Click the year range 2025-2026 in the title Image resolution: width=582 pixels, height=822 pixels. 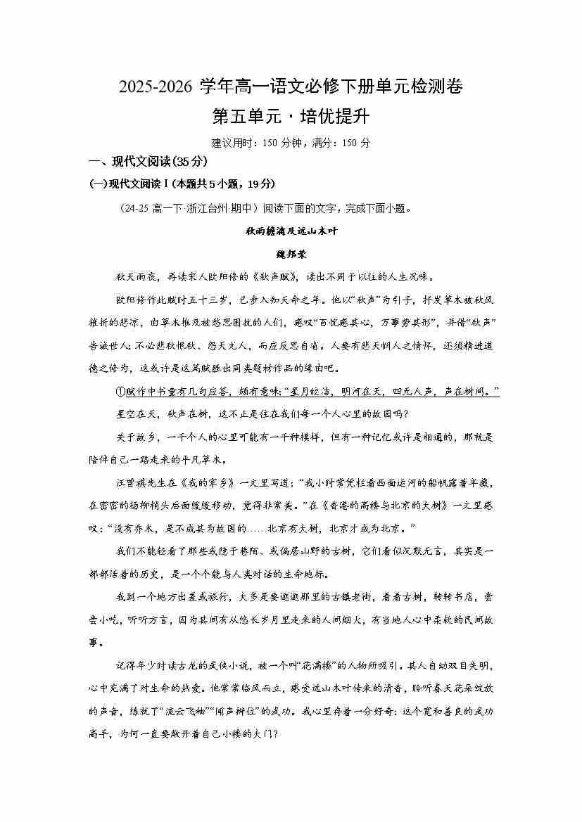click(x=156, y=87)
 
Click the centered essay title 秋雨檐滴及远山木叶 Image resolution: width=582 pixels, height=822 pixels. click(x=291, y=231)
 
